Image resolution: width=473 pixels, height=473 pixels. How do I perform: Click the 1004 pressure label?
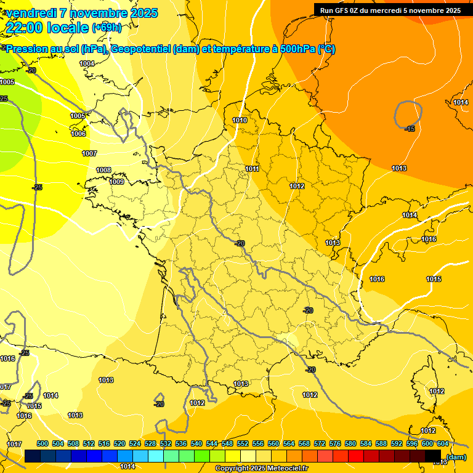[87, 63]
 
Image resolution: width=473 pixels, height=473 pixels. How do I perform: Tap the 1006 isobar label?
[78, 134]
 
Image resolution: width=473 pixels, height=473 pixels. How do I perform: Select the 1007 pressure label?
[89, 153]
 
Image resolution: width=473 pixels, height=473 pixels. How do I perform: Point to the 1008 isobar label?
[103, 170]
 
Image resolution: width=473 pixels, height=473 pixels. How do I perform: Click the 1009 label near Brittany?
[117, 182]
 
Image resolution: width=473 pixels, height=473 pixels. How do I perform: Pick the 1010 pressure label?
[240, 120]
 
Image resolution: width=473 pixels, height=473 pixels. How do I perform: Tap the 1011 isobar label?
[252, 169]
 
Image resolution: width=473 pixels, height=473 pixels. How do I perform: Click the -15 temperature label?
[410, 128]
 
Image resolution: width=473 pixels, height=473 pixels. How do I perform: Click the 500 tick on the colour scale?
[42, 443]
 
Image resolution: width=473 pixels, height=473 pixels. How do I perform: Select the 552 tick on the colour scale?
[243, 443]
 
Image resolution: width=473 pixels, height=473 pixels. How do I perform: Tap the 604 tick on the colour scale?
[443, 443]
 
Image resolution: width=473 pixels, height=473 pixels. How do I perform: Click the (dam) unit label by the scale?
[456, 457]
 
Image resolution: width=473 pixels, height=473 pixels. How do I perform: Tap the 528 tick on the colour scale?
[150, 443]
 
